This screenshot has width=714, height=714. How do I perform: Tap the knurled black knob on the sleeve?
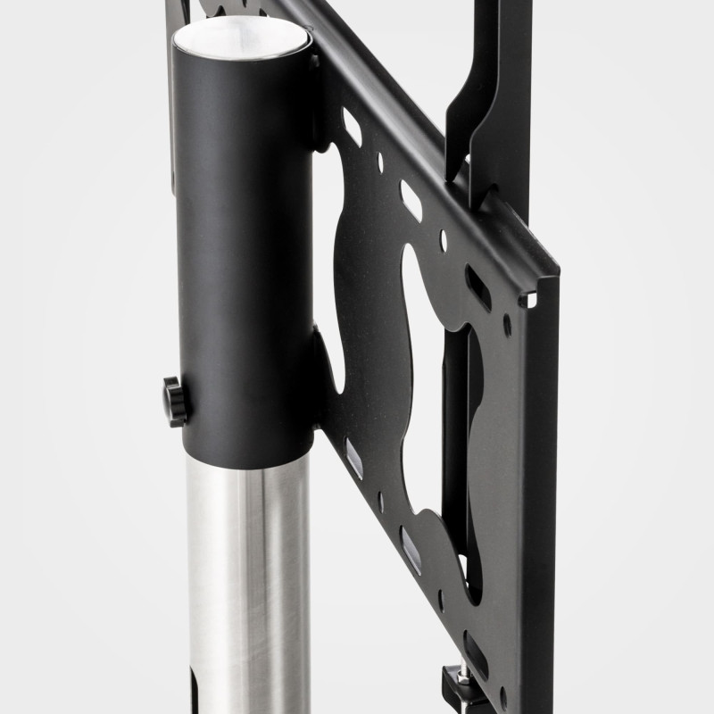[x=175, y=401]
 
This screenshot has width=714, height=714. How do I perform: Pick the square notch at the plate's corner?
[x=528, y=300]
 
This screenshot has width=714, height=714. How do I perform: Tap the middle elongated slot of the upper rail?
[x=411, y=200]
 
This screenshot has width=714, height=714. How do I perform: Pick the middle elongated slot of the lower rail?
[x=411, y=549]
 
